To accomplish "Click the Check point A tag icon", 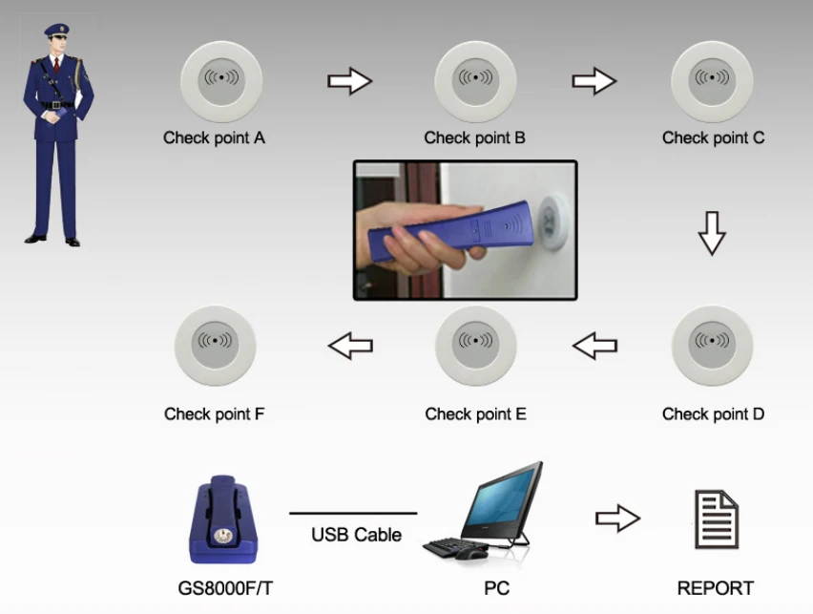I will coord(222,79).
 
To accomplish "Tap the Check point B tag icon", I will coord(475,79).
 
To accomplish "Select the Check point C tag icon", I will coord(712,79).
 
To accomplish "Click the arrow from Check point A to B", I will coord(349,80).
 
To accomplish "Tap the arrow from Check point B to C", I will coord(594,80).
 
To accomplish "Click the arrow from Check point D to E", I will coord(595,346).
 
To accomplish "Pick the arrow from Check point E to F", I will coord(350,346).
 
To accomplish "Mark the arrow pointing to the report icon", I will coord(617,519).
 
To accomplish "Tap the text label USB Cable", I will coord(356,536).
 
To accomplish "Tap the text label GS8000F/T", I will coord(222,588).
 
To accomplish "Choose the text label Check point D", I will coord(713,414).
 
